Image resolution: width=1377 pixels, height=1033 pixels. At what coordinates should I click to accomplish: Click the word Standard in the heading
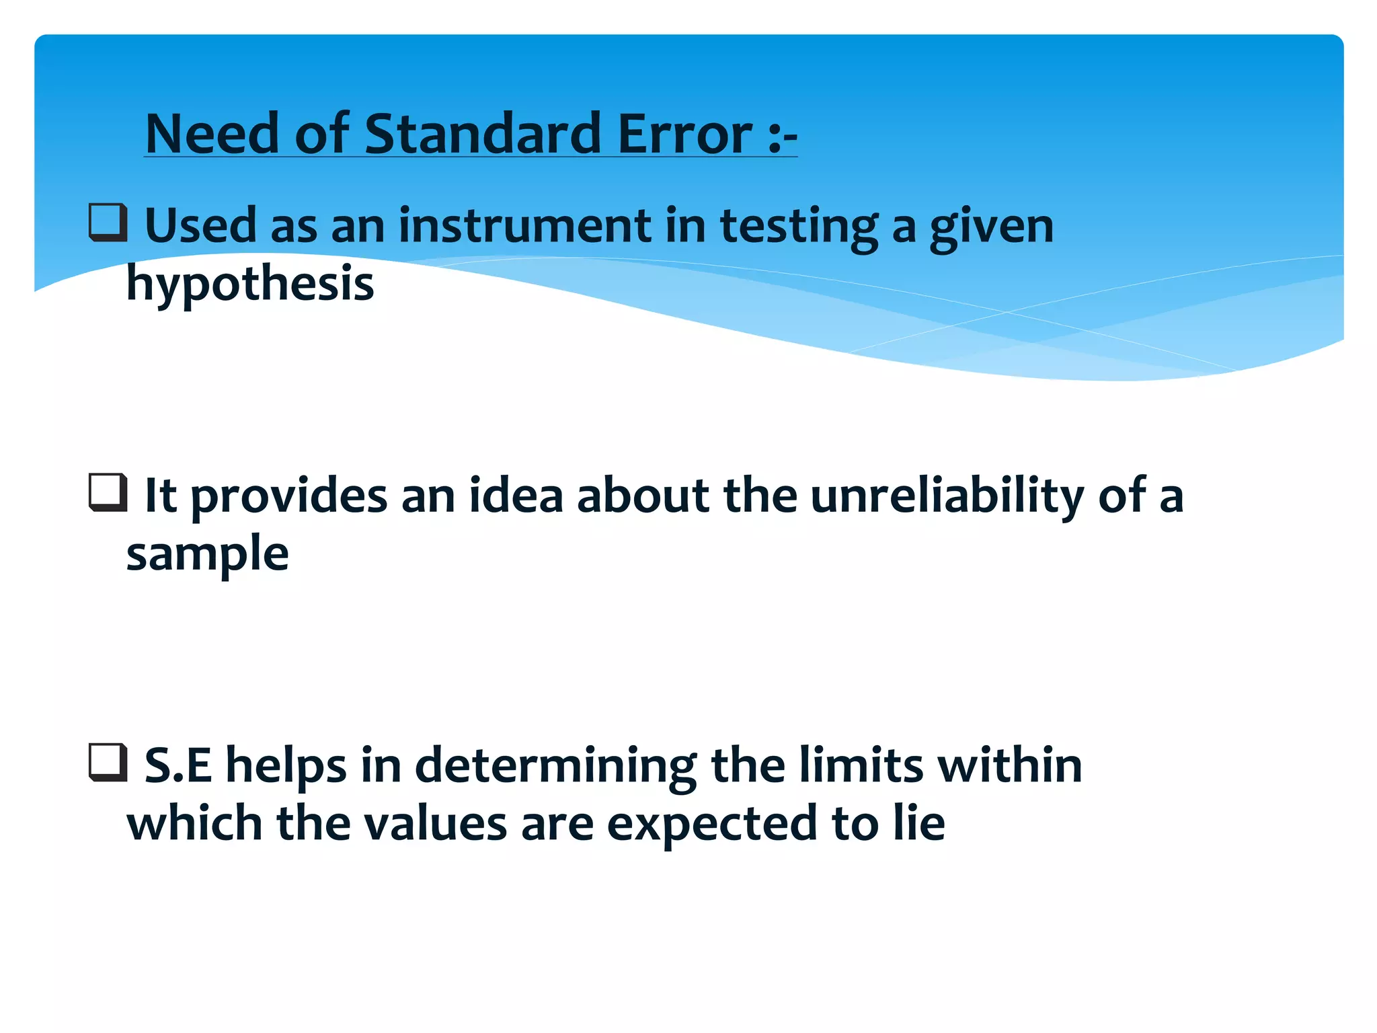tap(482, 134)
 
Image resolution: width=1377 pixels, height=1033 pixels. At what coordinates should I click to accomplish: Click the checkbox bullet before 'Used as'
tap(108, 223)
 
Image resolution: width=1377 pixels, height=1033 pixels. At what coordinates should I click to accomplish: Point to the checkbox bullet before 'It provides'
tap(108, 493)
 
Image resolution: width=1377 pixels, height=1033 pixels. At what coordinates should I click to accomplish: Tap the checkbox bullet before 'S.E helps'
tap(108, 763)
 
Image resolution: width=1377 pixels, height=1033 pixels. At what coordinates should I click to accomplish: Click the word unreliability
tap(947, 496)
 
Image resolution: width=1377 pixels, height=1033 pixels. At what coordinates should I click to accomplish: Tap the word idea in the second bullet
tap(516, 496)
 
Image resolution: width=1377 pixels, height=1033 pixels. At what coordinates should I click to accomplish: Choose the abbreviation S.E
tap(178, 765)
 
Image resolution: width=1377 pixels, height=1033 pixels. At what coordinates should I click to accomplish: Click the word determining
tap(555, 767)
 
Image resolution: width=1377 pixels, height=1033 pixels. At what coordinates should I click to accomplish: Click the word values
tap(435, 823)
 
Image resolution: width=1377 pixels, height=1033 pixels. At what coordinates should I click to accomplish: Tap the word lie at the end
tap(919, 823)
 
